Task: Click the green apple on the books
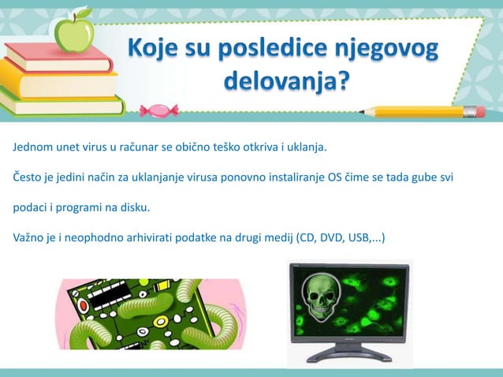(73, 34)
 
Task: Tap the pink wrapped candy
(159, 110)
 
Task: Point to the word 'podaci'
(29, 207)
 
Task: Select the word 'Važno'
(28, 237)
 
